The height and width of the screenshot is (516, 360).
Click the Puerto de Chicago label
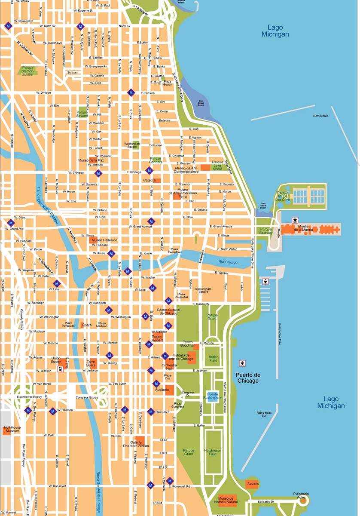tap(247, 378)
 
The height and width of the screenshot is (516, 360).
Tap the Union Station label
tap(56, 360)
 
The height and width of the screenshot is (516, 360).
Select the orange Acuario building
tap(252, 484)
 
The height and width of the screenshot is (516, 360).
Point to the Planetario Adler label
tap(301, 495)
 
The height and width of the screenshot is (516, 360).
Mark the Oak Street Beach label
tap(201, 103)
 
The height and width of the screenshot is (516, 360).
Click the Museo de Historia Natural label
tap(228, 500)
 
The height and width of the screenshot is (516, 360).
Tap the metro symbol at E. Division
tap(131, 92)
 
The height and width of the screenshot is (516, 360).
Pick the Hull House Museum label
tap(12, 429)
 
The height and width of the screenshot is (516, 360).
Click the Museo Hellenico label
tap(104, 240)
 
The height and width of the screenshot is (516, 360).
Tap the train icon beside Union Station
tap(61, 369)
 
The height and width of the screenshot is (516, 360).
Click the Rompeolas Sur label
tap(264, 415)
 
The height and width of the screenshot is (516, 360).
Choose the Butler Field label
tap(214, 359)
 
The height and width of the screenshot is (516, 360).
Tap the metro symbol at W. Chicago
tap(98, 173)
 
